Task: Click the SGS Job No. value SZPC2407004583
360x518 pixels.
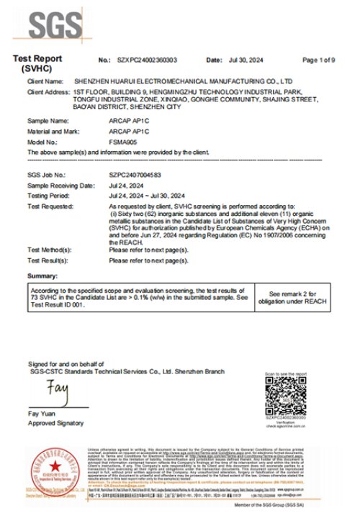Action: (135, 174)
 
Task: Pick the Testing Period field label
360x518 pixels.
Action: (50, 196)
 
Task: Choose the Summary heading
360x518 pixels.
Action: (42, 276)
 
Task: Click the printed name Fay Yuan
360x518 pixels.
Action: (42, 414)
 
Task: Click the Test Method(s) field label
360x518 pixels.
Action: (50, 250)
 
